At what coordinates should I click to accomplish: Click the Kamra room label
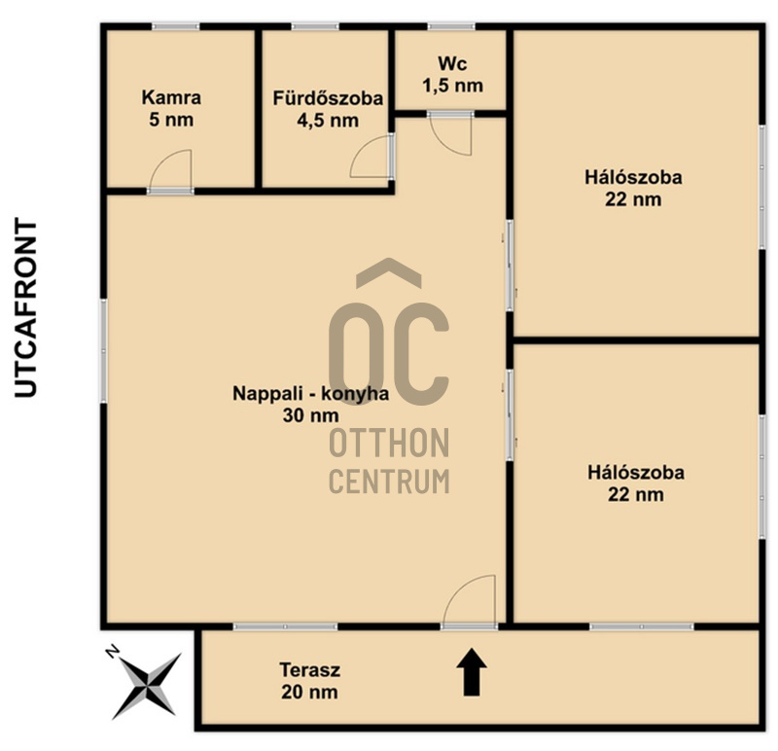(171, 98)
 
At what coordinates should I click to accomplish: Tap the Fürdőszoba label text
(328, 98)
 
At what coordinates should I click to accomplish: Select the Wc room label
(452, 64)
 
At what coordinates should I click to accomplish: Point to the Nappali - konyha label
(310, 394)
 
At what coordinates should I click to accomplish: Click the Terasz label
(309, 670)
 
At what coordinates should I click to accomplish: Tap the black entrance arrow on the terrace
(472, 671)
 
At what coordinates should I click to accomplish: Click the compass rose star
(146, 686)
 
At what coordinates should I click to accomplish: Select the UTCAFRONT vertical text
(26, 307)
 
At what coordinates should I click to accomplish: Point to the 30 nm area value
(310, 415)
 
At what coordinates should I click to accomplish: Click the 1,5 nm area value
(452, 86)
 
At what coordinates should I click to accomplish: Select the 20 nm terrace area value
(309, 692)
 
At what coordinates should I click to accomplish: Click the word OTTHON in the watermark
(390, 444)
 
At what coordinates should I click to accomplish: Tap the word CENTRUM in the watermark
(390, 481)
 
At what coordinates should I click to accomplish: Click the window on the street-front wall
(104, 351)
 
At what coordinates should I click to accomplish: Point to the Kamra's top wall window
(175, 26)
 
